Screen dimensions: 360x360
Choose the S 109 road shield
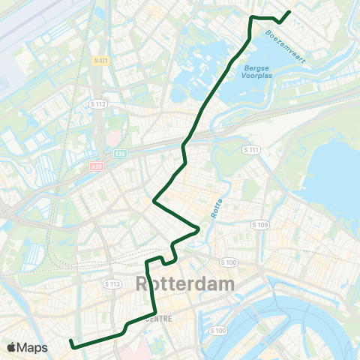pos(260,224)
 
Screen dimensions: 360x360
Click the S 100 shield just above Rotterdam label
pos(229,262)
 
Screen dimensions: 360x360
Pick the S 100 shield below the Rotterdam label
pos(219,331)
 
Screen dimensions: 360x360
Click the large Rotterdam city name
pos(184,285)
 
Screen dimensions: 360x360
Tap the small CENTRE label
pos(156,318)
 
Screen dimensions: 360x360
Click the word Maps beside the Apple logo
pos(33,348)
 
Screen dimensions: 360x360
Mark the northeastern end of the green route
pos(289,11)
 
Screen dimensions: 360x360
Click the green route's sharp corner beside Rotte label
pos(199,229)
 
